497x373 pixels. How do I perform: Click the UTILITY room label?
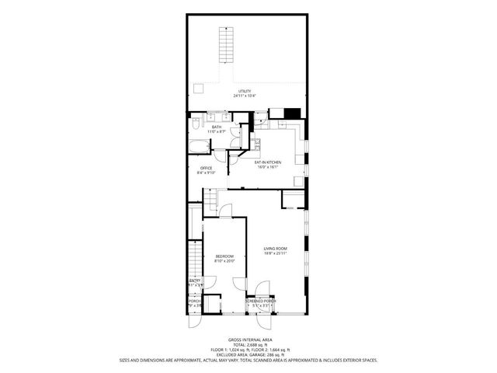(245, 91)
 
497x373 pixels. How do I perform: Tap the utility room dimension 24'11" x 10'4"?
(245, 96)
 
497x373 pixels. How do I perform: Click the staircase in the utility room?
(225, 44)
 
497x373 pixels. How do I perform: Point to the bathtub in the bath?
(199, 148)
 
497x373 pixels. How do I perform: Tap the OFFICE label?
(206, 168)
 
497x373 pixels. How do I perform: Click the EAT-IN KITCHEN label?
(268, 162)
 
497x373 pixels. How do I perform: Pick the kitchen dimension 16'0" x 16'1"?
(268, 166)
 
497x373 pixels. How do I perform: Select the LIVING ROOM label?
(275, 249)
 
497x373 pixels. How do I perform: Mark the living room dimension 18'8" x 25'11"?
(275, 253)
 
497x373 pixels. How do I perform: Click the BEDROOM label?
(225, 256)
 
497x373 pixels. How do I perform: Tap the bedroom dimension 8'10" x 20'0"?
(225, 260)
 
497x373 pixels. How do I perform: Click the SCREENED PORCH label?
(260, 301)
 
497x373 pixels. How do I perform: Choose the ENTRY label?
(195, 281)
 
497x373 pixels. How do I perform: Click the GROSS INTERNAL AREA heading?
(248, 340)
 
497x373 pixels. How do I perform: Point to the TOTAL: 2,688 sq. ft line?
(248, 345)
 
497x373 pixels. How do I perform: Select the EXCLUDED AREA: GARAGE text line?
(248, 354)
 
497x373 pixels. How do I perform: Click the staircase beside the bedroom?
(195, 256)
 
